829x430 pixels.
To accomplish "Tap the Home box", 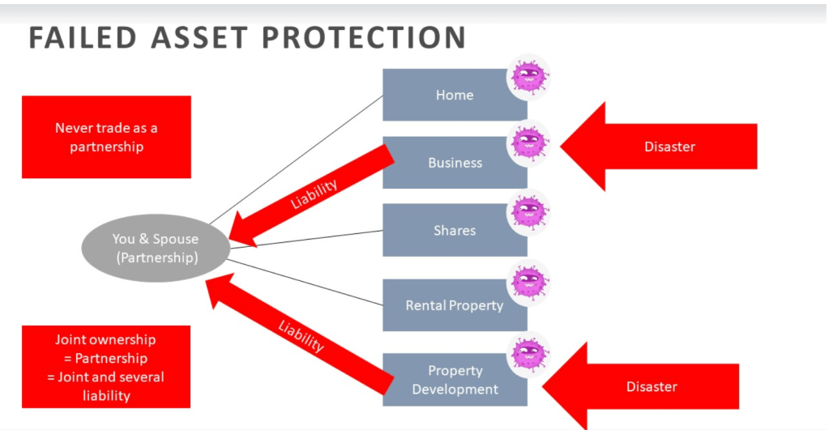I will [454, 96].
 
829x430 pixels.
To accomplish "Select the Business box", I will [454, 163].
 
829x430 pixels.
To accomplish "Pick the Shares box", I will [454, 231].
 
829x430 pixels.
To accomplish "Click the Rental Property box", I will [454, 305].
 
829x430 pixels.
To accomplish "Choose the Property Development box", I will [454, 380].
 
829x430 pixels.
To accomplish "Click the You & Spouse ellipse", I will [155, 248].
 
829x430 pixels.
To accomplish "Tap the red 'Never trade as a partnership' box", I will [106, 137].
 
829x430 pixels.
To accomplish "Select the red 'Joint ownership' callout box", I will [106, 367].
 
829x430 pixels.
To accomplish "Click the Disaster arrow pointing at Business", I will [664, 147].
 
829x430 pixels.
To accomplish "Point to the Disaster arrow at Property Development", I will [648, 386].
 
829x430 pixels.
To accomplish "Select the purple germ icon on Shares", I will [528, 211].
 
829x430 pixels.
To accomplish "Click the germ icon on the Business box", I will [528, 143].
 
